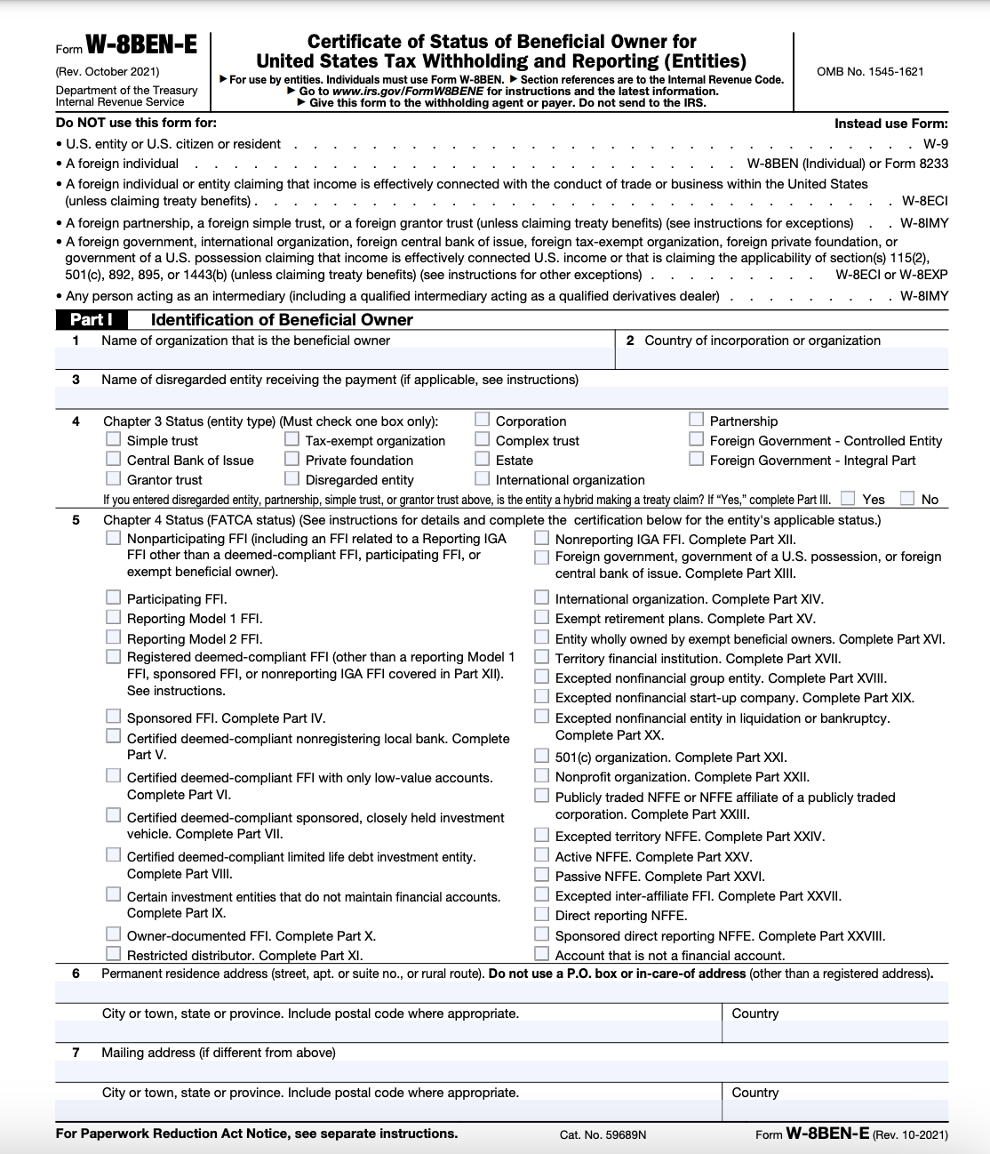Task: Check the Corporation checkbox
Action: (x=482, y=420)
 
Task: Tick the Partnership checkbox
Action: (x=696, y=420)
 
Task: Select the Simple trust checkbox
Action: (x=113, y=439)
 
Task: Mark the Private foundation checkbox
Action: (x=291, y=459)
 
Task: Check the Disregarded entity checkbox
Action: (x=291, y=478)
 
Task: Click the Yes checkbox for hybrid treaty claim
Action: (x=848, y=498)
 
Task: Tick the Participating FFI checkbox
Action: (x=113, y=597)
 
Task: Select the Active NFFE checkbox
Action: (x=541, y=855)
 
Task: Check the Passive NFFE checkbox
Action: (x=541, y=875)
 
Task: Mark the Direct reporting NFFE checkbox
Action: (x=541, y=914)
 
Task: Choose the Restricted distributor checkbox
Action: (x=113, y=954)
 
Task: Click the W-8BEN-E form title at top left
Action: (x=140, y=46)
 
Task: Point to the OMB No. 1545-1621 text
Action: (x=870, y=71)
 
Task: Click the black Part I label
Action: (x=91, y=320)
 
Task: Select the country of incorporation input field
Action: (x=782, y=358)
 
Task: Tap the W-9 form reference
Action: (x=935, y=144)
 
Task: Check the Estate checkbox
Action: (x=482, y=459)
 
